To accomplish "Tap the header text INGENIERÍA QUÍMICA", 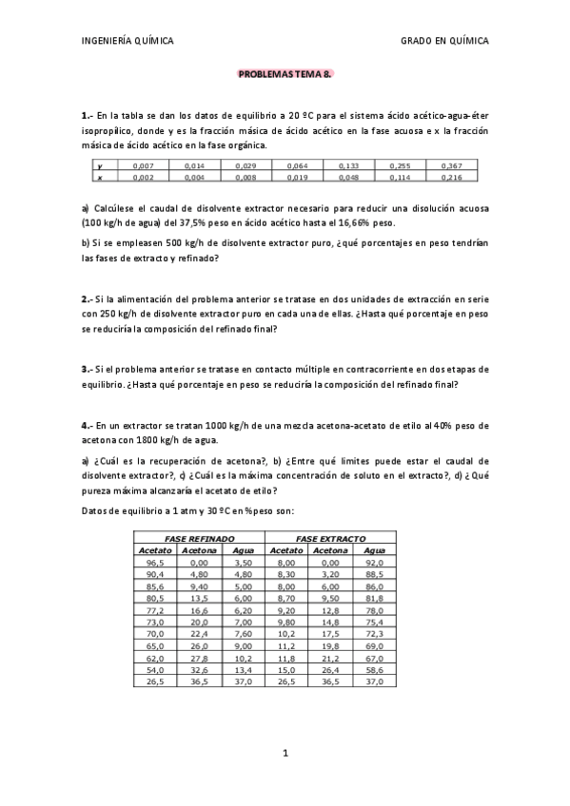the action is tap(128, 41).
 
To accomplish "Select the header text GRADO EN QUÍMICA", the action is tap(444, 41).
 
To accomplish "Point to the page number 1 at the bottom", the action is tap(285, 756).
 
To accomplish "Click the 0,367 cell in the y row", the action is tap(451, 166).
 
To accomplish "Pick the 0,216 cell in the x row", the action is tap(451, 177).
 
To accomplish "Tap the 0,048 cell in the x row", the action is tap(348, 177).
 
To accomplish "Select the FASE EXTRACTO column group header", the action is tap(330, 538).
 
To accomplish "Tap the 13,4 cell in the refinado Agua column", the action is tap(242, 696).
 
